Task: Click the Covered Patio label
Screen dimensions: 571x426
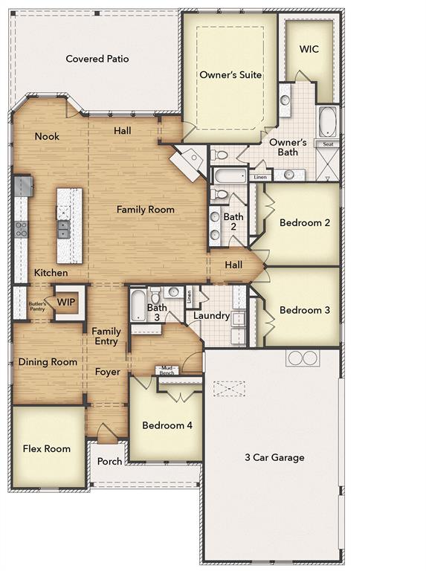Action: tap(97, 59)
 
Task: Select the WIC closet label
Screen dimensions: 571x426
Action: tap(309, 49)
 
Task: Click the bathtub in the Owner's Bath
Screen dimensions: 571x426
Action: tap(327, 121)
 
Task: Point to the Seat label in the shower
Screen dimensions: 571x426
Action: tap(327, 144)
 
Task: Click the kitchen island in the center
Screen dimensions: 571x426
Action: tap(69, 225)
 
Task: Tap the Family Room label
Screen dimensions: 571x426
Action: tap(145, 210)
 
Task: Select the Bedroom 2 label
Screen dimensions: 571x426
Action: tap(304, 222)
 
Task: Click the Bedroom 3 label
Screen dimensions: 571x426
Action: tap(304, 309)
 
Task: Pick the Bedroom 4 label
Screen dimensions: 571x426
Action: tap(167, 425)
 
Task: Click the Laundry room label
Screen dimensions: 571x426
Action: tap(211, 315)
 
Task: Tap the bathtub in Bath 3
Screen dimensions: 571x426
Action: tap(138, 305)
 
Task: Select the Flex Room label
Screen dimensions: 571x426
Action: tap(47, 448)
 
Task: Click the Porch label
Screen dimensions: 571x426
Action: tap(110, 461)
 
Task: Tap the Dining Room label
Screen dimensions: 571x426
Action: tap(48, 362)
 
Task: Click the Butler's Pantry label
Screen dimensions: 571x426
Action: tap(37, 306)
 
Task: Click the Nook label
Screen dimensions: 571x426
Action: tap(47, 137)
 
